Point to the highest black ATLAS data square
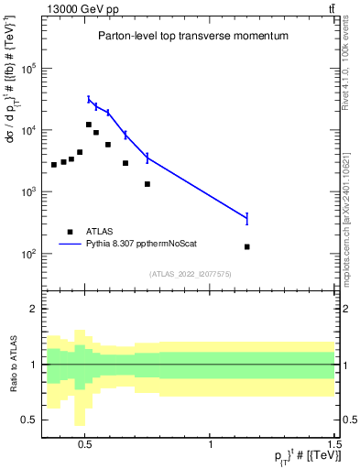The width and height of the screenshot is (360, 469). [89, 125]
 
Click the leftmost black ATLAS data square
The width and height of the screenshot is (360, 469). [54, 165]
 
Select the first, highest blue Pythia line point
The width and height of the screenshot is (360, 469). [89, 99]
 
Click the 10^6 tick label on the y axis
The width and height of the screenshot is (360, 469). [29, 69]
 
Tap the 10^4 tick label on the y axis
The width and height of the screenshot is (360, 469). [29, 130]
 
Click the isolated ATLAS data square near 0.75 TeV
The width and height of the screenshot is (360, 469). [147, 184]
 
